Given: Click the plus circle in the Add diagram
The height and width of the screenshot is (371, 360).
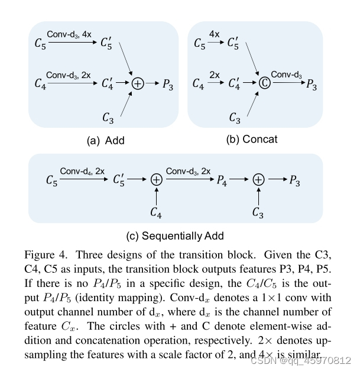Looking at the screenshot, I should [137, 84].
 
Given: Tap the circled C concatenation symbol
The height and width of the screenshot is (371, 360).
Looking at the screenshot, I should [265, 84].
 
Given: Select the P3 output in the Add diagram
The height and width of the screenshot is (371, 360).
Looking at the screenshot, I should [168, 85].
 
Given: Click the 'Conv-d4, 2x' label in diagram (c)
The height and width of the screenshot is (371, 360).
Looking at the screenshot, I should [83, 171].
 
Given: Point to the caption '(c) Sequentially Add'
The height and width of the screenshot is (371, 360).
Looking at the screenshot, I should [175, 235].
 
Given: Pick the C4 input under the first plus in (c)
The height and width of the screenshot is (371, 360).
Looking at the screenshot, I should [156, 212].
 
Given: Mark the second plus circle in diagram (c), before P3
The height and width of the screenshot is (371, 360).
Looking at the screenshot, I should [258, 180].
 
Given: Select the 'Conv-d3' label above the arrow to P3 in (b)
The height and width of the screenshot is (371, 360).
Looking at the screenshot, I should [286, 75].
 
